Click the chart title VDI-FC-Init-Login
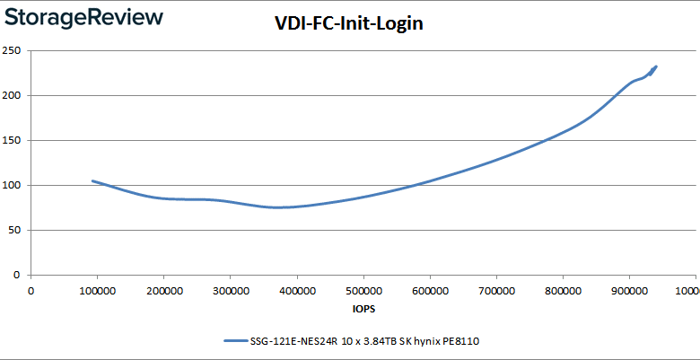tap(348, 24)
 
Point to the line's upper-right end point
tap(656, 66)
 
